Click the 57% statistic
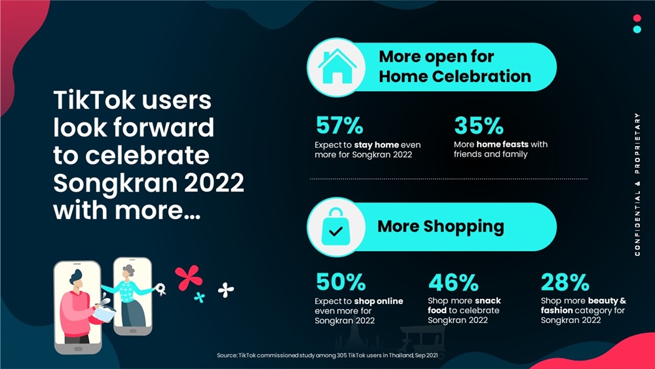[x=339, y=125]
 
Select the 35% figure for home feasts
[x=479, y=125]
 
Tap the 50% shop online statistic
[x=341, y=282]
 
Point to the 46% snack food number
[x=453, y=282]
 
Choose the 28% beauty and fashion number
[x=565, y=282]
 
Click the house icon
[x=337, y=66]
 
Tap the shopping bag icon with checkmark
[x=336, y=227]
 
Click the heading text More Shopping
[x=441, y=227]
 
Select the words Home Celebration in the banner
[x=455, y=77]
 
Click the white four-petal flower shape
[x=226, y=290]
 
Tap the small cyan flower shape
[x=200, y=297]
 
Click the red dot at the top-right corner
[x=637, y=18]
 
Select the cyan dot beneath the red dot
[x=637, y=29]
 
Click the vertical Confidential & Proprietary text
[x=637, y=184]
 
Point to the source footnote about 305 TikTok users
[x=327, y=355]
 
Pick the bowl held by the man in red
[x=104, y=312]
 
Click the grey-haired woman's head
[x=128, y=271]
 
